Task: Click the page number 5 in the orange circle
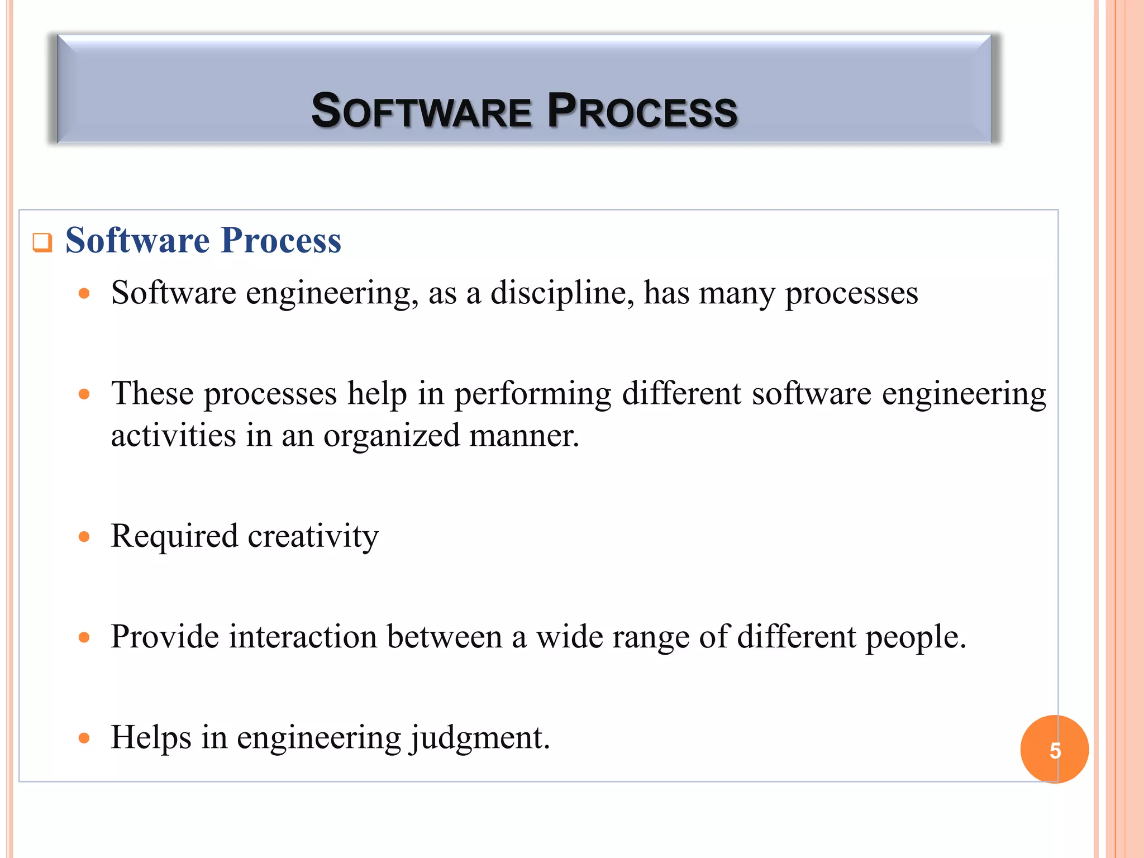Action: [1055, 750]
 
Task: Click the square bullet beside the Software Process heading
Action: [42, 242]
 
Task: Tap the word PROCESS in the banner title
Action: [642, 111]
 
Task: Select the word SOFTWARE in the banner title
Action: [421, 111]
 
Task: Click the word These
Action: [152, 393]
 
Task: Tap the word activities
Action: [173, 436]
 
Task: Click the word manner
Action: [524, 436]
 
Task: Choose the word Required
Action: [174, 536]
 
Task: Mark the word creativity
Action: [313, 536]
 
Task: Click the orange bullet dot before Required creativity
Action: [84, 537]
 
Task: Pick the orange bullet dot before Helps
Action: [84, 738]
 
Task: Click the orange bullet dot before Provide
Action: [84, 638]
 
